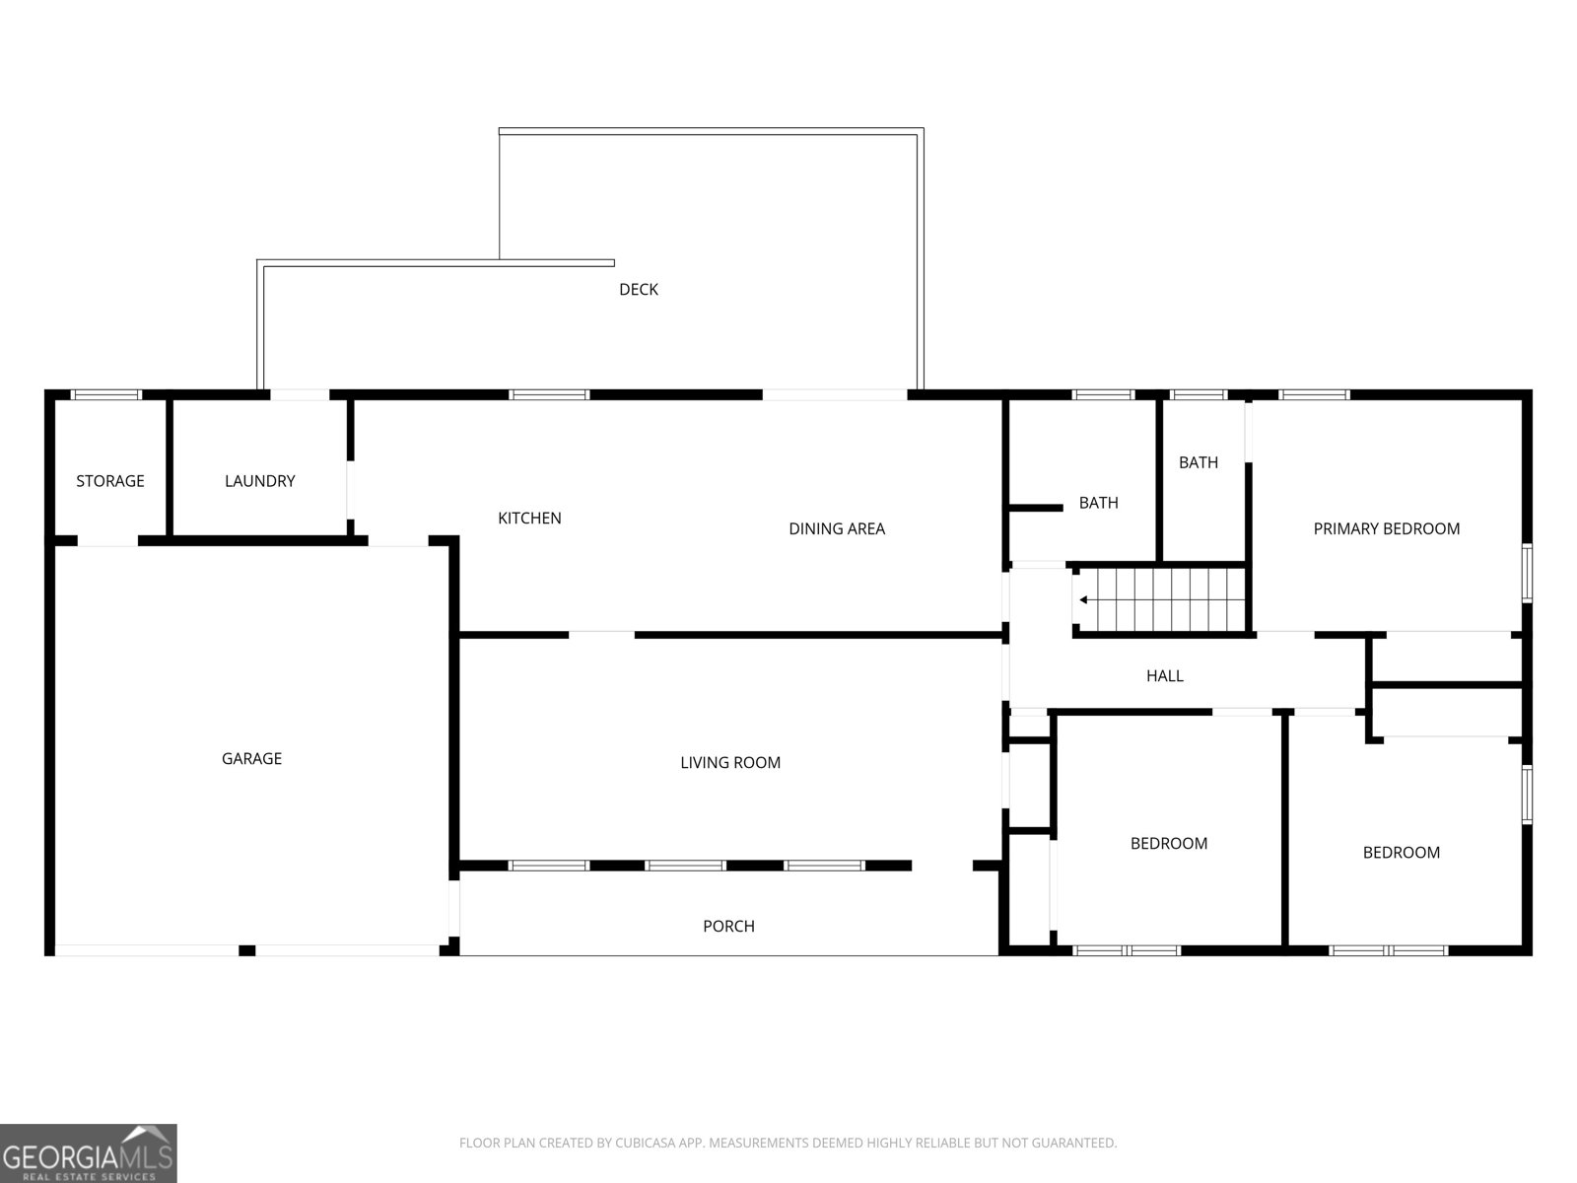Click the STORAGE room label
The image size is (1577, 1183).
(110, 480)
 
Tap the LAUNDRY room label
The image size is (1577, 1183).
(260, 480)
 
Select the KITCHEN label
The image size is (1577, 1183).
(529, 518)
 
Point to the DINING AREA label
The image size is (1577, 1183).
(837, 528)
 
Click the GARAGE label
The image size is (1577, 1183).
(251, 758)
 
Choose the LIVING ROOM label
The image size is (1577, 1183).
(730, 762)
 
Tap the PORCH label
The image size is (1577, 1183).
(728, 926)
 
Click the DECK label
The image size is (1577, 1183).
(639, 289)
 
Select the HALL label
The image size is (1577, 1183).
(1165, 675)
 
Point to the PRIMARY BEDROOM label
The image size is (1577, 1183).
(1387, 528)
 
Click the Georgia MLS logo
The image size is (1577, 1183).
(89, 1153)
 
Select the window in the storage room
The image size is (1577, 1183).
(105, 394)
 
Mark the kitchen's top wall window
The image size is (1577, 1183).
(549, 394)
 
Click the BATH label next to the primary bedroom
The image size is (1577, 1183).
(1199, 462)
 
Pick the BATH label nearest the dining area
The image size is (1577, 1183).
(1099, 503)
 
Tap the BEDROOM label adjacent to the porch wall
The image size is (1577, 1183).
(1169, 843)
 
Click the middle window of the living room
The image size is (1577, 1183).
(685, 866)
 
